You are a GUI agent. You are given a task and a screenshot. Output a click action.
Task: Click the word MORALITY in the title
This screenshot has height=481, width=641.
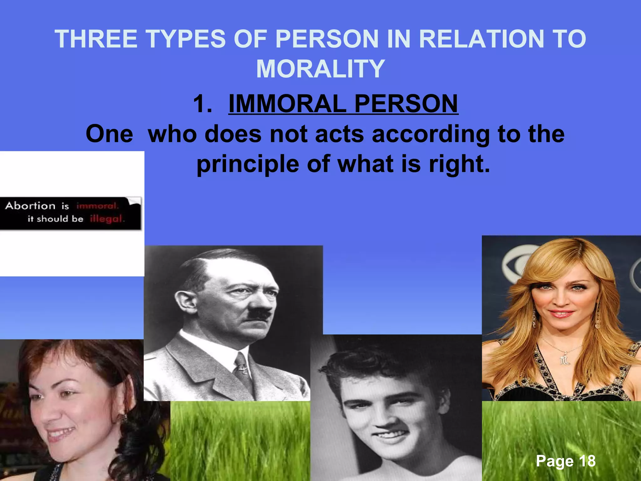point(320,69)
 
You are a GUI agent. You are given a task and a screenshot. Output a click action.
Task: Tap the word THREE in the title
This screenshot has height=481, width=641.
point(96,39)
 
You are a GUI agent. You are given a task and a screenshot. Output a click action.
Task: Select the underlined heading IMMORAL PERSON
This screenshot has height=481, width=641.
point(343,104)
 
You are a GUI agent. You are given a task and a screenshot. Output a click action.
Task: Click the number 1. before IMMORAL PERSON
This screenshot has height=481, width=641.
point(203,104)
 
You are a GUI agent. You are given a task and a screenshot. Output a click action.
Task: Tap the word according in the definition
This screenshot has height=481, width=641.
point(431,134)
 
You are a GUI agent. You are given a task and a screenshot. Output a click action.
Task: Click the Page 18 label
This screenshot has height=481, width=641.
point(566,461)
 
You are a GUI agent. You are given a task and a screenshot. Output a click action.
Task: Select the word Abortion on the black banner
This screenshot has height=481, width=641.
point(30,206)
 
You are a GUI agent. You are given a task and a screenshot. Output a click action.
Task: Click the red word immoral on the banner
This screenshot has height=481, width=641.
point(97,206)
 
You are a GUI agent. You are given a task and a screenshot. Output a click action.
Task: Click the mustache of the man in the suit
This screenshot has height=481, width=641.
point(261,313)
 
